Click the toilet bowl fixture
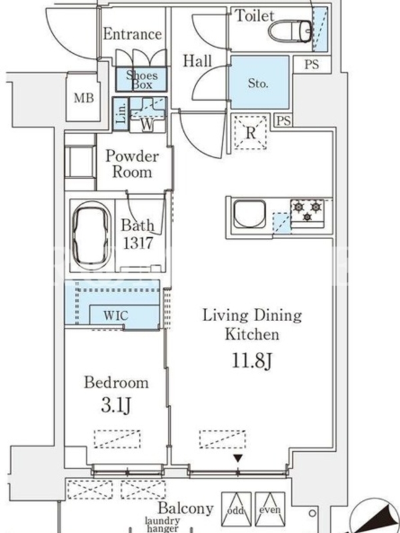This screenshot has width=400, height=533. tap(290, 31)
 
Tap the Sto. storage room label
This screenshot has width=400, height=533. tap(258, 83)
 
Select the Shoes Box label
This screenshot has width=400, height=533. tap(141, 80)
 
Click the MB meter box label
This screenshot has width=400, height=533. tap(84, 98)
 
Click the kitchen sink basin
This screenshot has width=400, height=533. tap(249, 214)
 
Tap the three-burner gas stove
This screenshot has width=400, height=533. tap(307, 213)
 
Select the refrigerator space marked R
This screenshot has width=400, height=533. tap(251, 133)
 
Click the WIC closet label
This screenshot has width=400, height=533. tap(116, 315)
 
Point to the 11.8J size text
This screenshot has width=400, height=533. tap(252, 360)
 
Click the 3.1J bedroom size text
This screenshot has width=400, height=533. tap(116, 405)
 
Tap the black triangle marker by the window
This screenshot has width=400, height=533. tap(238, 459)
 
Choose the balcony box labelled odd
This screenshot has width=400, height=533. tap(236, 508)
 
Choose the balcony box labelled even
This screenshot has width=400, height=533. tap(270, 508)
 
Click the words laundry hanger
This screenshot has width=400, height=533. tap(163, 524)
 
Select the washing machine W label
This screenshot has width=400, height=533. tap(147, 125)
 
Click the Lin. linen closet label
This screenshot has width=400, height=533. tap(121, 113)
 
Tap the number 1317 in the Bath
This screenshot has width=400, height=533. tap(138, 243)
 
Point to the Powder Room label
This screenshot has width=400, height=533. tap(132, 164)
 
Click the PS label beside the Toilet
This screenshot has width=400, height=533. tap(311, 64)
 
